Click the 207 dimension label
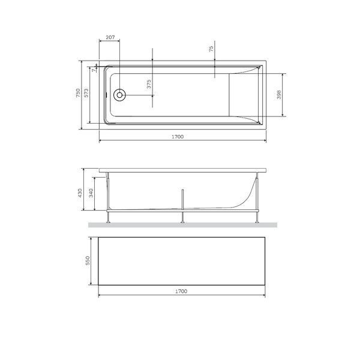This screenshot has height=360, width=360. click(110, 37)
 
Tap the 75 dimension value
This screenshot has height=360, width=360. click(211, 49)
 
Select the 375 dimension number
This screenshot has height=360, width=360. click(149, 84)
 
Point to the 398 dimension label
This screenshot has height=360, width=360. click(279, 95)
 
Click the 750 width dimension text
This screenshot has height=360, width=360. click(78, 93)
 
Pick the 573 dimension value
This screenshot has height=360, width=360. click(86, 93)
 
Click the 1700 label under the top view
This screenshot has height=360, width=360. click(178, 137)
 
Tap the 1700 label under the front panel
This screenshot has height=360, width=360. click(181, 292)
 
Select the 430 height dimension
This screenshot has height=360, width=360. click(80, 193)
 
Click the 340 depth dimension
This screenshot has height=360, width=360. click(91, 193)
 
